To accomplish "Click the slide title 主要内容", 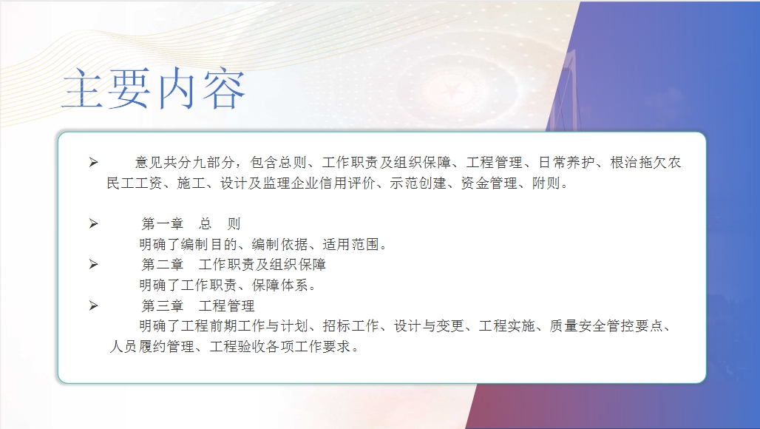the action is [154, 89].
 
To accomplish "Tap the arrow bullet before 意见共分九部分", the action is [94, 163].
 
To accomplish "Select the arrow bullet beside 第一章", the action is [94, 223].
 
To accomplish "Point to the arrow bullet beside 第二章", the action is [94, 264].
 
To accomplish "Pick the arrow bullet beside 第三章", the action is [94, 305].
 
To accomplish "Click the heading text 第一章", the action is [163, 223].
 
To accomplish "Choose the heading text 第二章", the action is [163, 264].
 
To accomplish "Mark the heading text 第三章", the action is [163, 305].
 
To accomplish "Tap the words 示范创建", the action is [418, 183].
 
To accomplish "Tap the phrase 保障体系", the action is [279, 285].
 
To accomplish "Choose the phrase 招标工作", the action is [351, 325].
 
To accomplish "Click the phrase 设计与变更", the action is [429, 325].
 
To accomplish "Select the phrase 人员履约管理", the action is [152, 347].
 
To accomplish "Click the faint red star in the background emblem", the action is [453, 90].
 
